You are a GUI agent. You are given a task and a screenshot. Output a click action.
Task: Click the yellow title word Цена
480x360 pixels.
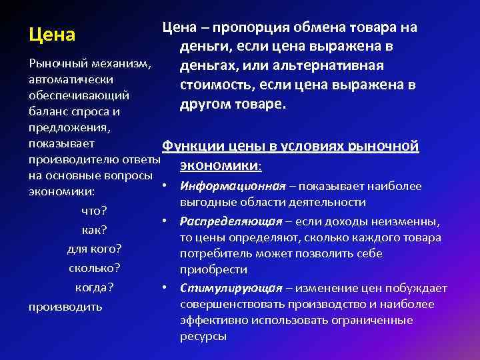(x=52, y=33)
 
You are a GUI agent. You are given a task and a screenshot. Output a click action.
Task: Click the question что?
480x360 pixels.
(x=94, y=211)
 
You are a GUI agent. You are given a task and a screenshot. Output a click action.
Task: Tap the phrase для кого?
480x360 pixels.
(x=94, y=249)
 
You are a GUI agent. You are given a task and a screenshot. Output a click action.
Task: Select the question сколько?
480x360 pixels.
(x=94, y=269)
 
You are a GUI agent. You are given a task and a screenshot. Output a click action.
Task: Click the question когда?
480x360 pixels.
(x=94, y=287)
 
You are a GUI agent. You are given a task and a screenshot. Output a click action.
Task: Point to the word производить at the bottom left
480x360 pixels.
(x=65, y=307)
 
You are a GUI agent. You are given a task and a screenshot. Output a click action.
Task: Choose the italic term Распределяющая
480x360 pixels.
(x=231, y=221)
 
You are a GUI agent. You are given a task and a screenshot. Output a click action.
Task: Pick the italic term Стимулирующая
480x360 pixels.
(x=230, y=287)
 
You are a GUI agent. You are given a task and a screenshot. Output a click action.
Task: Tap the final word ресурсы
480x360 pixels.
(x=203, y=336)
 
